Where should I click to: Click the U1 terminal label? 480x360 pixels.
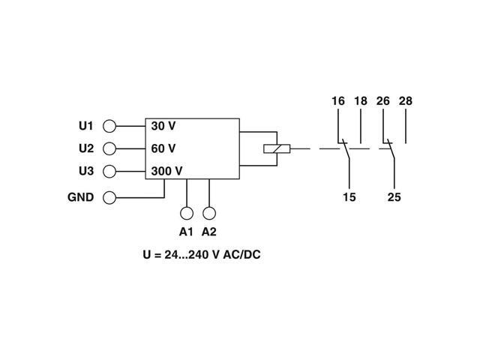[x=85, y=125]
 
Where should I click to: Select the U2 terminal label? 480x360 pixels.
[x=85, y=148]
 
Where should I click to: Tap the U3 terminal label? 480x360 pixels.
[x=85, y=170]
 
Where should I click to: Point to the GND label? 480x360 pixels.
[x=80, y=197]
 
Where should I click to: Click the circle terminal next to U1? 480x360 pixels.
[x=109, y=126]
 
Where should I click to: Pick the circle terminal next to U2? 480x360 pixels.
[x=109, y=148]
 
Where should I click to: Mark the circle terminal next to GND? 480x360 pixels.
[x=109, y=198]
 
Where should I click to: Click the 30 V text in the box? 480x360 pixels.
[x=163, y=126]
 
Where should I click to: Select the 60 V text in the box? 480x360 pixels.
[x=163, y=148]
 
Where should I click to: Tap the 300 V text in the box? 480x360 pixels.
[x=166, y=171]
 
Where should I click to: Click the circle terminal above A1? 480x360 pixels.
[x=186, y=213]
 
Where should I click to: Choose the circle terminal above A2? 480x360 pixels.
[x=209, y=213]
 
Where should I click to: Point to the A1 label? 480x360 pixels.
[x=186, y=232]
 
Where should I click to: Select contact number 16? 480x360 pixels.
[x=337, y=101]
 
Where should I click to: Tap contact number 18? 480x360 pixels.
[x=360, y=101]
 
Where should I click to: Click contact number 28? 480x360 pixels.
[x=405, y=101]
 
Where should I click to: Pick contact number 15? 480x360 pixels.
[x=349, y=197]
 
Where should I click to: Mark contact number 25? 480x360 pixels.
[x=394, y=197]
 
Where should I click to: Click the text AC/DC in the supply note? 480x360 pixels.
[x=241, y=254]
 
